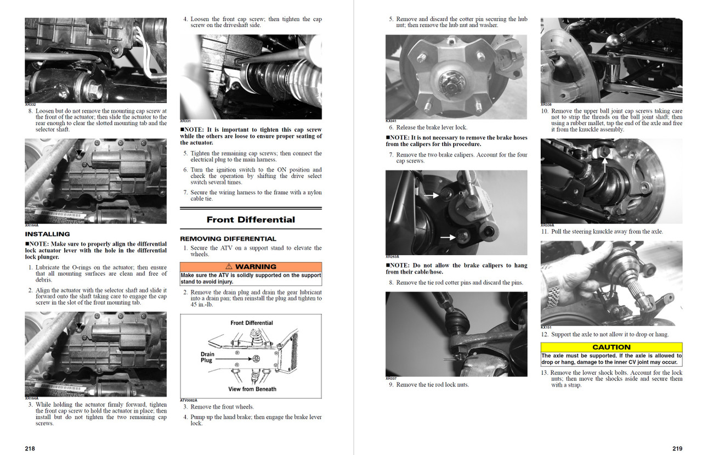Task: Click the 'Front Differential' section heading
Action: (x=251, y=220)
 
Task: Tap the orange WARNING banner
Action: (x=251, y=267)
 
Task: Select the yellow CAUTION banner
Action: (x=612, y=347)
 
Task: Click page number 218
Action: (x=30, y=448)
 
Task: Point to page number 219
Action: (x=677, y=448)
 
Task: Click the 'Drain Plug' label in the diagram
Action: (x=207, y=357)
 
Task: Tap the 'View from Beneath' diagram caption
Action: (x=252, y=389)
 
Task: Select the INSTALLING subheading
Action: (x=47, y=234)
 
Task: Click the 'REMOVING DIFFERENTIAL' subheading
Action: (x=228, y=239)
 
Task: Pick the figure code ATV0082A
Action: (x=189, y=401)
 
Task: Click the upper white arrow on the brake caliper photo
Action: (x=431, y=195)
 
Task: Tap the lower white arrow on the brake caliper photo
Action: (x=448, y=237)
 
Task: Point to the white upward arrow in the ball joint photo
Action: (x=605, y=165)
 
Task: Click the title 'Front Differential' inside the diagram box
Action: (x=252, y=323)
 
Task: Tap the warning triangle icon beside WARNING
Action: (x=229, y=267)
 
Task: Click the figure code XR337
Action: (x=391, y=379)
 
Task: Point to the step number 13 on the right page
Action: (x=545, y=373)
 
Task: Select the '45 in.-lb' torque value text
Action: (x=202, y=305)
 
